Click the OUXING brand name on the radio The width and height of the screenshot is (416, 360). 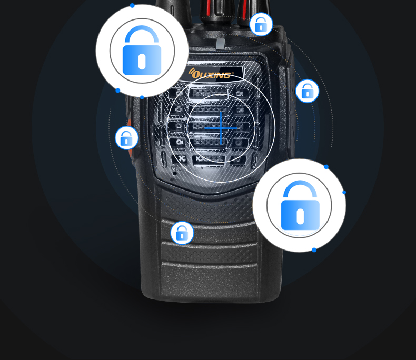(211, 75)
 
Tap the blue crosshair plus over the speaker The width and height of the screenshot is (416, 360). (221, 128)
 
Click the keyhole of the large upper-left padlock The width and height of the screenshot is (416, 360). (142, 62)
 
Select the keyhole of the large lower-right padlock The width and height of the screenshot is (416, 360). (300, 216)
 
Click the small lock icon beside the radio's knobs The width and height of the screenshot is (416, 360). (261, 24)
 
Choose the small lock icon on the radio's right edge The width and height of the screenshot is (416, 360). (307, 91)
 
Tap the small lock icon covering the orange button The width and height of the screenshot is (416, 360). (126, 138)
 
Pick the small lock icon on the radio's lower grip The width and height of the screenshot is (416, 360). (182, 233)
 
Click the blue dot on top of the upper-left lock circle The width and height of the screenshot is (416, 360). (132, 5)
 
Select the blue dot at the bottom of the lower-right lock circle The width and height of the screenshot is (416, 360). (314, 249)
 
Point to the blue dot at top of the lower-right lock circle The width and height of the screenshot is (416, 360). (326, 167)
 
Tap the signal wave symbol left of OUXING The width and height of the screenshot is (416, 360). (191, 71)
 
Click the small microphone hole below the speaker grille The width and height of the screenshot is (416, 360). (175, 173)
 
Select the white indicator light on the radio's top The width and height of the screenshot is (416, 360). (220, 44)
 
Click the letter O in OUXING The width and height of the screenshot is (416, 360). (195, 74)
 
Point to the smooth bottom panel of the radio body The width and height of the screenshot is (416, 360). (210, 281)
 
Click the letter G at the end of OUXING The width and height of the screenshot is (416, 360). (226, 75)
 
